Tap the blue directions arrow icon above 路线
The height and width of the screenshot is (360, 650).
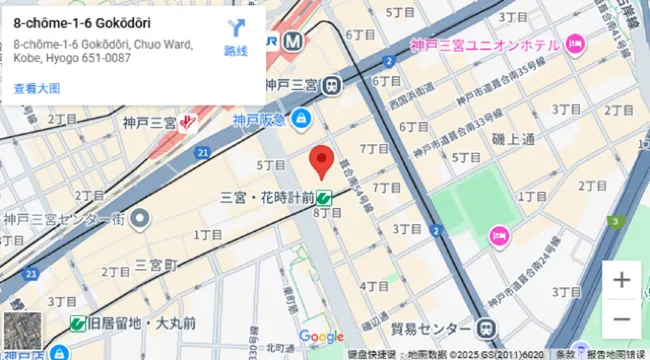pos(235,29)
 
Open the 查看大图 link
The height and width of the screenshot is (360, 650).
pos(37,89)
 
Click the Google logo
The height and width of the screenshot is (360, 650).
pos(321,337)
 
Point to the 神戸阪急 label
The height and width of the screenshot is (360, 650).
pos(260,120)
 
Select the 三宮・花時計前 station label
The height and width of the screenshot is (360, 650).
pos(267,198)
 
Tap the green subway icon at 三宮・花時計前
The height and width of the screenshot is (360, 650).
pos(325,198)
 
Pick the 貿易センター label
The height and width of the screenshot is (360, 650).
pos(430,328)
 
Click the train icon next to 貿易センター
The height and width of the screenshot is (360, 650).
pos(485,328)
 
